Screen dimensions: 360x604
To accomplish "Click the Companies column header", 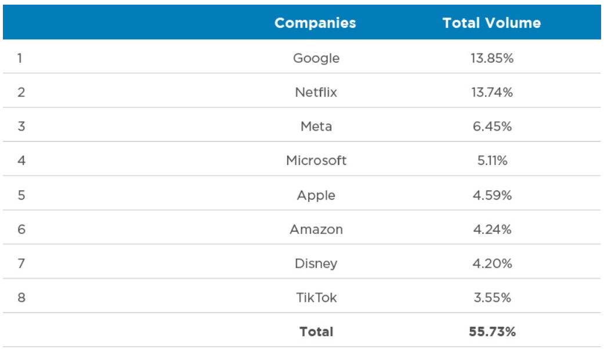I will [315, 23].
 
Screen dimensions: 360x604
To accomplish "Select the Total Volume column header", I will [491, 23].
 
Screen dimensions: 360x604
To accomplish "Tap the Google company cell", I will [316, 58].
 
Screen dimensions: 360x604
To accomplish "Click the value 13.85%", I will [491, 58].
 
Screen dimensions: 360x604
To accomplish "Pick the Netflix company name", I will [316, 92].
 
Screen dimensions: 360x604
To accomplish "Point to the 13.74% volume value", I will [491, 92].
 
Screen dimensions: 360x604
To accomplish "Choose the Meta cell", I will [316, 127].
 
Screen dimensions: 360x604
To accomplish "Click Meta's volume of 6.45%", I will [491, 127].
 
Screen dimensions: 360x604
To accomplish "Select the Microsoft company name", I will [316, 161].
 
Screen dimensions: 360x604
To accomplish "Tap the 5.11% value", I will [491, 161].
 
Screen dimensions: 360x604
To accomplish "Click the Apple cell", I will [316, 195].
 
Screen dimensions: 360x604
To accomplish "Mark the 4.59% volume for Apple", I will [491, 195].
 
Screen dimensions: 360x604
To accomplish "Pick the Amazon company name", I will [316, 229].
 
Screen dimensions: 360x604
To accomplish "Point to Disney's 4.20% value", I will [491, 264].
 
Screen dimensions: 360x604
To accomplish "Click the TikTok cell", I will [316, 298].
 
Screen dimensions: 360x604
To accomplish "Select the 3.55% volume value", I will [491, 298].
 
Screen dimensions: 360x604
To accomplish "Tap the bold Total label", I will [316, 332].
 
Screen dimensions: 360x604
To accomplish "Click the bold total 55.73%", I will [491, 332].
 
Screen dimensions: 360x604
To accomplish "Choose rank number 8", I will [21, 298].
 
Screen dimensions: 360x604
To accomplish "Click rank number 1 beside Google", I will [20, 58].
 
